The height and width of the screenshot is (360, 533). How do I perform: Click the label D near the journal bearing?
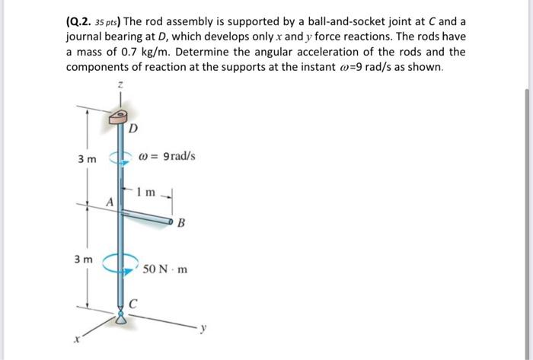click(x=133, y=129)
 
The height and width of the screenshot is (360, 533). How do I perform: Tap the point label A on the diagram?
click(x=109, y=202)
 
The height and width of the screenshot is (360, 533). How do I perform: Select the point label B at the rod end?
click(x=180, y=224)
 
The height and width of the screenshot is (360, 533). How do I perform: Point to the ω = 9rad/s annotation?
click(x=168, y=157)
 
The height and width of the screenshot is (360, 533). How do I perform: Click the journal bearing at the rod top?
click(x=120, y=116)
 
